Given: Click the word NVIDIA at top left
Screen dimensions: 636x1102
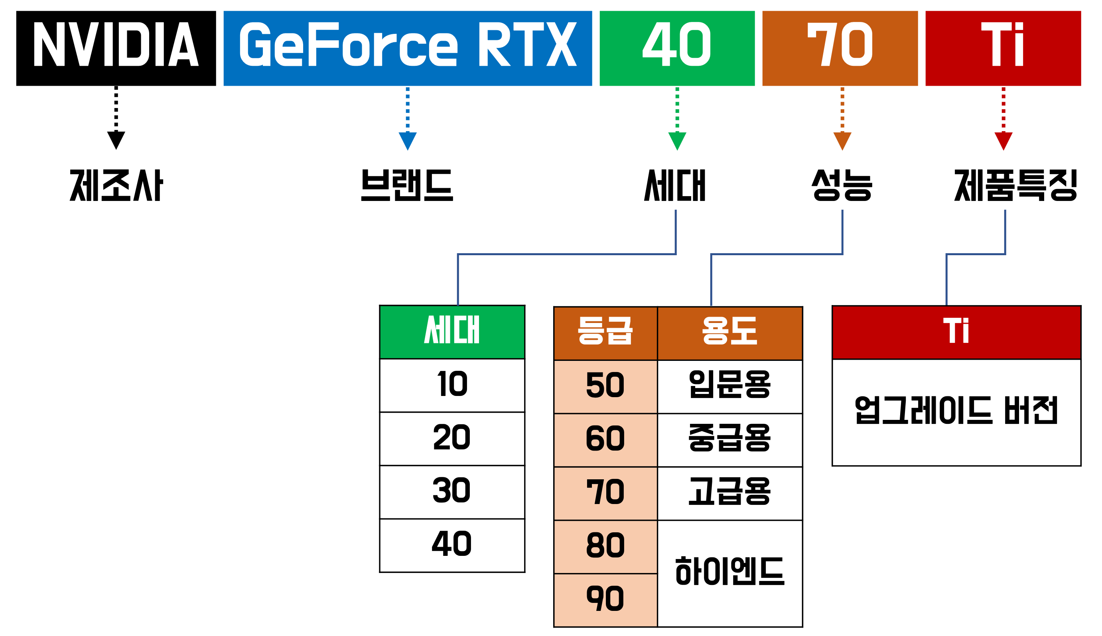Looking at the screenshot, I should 116,44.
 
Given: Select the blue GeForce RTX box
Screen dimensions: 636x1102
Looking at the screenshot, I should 408,48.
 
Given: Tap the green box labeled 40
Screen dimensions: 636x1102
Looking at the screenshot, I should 677,48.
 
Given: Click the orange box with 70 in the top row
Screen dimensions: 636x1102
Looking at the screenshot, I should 840,48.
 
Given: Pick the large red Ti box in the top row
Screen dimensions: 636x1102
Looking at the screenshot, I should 1003,48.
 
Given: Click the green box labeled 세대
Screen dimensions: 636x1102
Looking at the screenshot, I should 452,332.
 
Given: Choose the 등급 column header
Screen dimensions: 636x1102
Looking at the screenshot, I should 605,333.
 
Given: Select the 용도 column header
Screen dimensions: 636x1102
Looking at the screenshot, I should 729,333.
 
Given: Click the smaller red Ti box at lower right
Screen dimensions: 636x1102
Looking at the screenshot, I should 956,333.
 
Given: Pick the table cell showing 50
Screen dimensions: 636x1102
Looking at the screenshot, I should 605,386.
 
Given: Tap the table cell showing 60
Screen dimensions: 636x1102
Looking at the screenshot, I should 605,440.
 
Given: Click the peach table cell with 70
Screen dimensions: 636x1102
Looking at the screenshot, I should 605,494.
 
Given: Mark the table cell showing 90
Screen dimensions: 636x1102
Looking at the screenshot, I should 605,600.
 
